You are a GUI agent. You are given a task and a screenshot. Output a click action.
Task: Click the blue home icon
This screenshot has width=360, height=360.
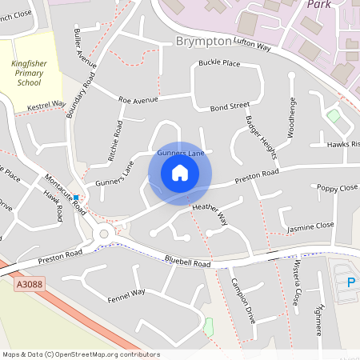point(180,173)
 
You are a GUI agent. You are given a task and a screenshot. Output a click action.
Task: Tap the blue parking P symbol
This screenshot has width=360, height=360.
point(350,282)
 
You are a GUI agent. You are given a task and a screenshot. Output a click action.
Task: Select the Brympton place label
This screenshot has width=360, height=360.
point(203,41)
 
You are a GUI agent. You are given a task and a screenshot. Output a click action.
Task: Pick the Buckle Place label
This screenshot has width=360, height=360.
point(219,62)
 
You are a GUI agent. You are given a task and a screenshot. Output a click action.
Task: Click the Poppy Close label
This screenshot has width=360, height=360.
point(337,188)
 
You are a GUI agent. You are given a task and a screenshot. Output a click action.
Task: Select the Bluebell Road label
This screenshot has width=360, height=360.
point(187,262)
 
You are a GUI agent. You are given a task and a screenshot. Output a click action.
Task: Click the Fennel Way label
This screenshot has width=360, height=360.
point(126,296)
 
